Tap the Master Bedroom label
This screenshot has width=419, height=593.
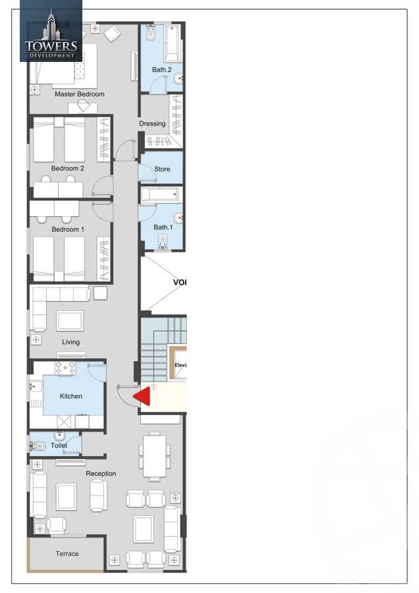coord(79,94)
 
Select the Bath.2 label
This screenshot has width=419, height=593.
coord(161,69)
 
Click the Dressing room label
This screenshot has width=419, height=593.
coord(152,124)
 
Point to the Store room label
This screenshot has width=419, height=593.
coord(162,169)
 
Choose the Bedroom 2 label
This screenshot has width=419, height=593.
coord(68,169)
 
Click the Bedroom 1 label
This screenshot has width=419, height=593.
coord(68,229)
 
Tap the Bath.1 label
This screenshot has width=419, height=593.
coord(161,227)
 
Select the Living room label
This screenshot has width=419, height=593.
coord(70,342)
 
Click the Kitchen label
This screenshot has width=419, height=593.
coord(71,396)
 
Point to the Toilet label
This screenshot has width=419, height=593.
coord(59,446)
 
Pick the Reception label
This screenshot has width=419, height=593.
coord(101,474)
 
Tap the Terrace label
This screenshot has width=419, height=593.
coord(67,554)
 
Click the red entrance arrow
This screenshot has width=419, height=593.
coord(142,396)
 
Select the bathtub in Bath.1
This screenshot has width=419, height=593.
coord(160,195)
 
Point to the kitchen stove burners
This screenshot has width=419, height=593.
coord(65,368)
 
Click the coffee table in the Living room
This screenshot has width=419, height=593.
coord(69,321)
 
